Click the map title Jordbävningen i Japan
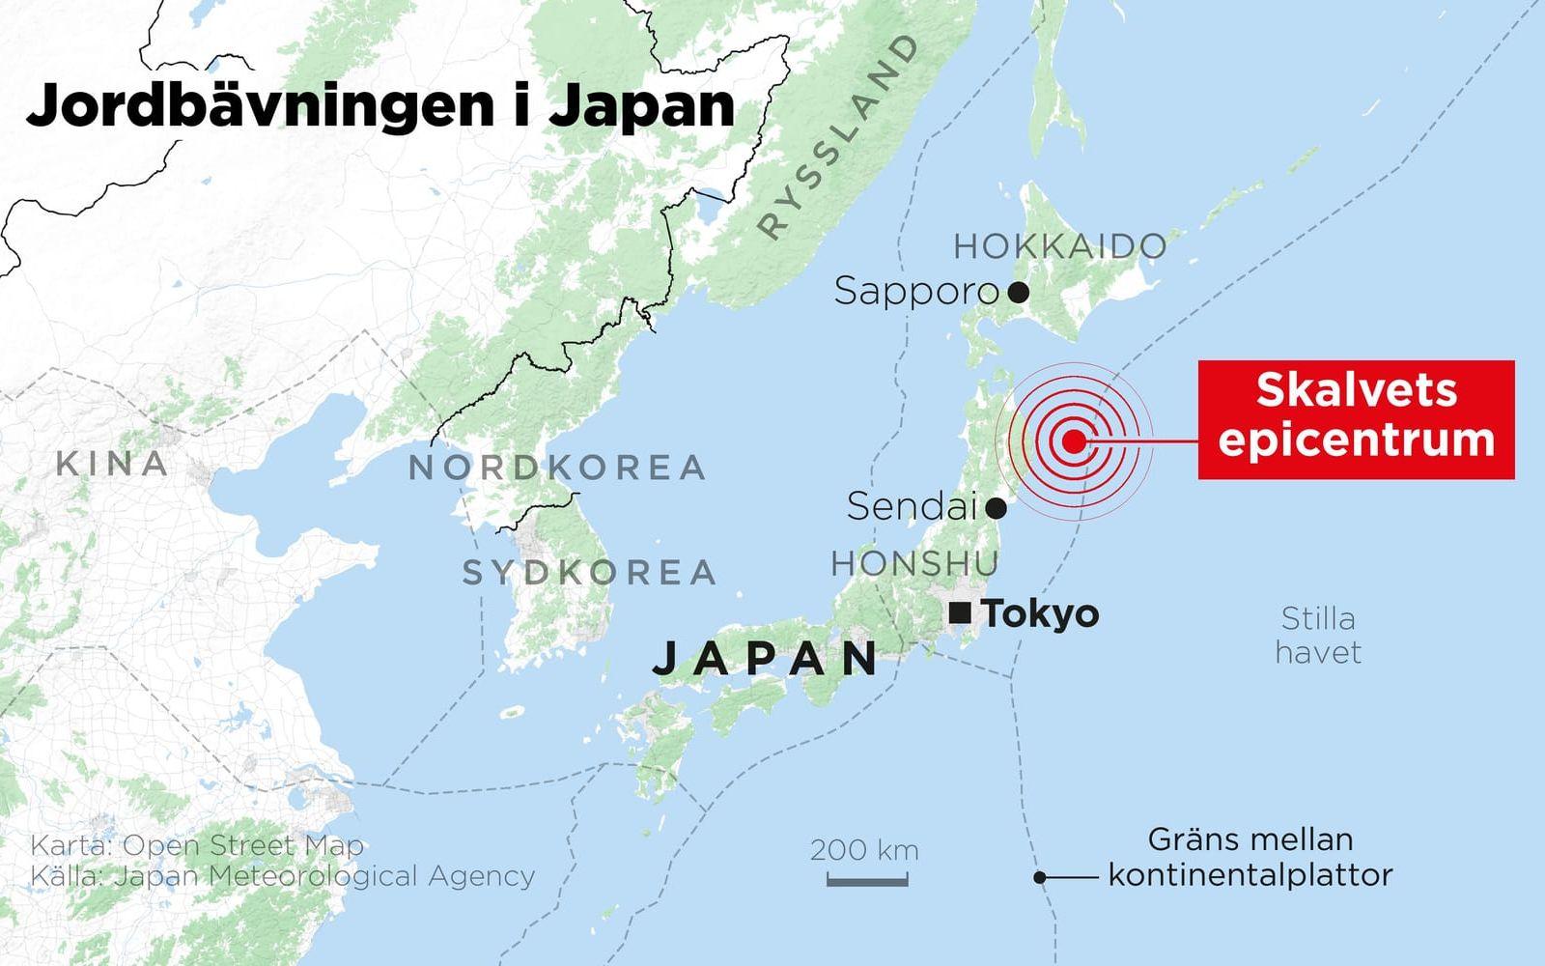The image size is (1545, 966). pos(379,106)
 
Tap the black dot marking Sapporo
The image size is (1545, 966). pos(1017,291)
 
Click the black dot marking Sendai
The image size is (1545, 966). pos(997,507)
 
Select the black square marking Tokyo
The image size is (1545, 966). pos(960,612)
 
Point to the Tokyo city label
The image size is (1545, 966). pos(1040,614)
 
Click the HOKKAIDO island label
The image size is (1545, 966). pos(1059,247)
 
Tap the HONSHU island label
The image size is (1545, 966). pos(914,563)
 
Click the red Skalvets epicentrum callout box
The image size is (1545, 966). pos(1356,418)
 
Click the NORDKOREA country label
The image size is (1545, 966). pos(557,468)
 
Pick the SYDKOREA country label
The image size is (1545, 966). pos(589,573)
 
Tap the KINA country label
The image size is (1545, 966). pos(112,464)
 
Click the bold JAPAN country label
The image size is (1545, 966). pos(766,659)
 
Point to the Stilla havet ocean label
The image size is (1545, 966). pos(1318,635)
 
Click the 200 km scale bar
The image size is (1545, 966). pos(866,879)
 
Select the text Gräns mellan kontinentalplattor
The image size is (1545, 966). pos(1250,857)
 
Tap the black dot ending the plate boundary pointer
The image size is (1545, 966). pos(1040,878)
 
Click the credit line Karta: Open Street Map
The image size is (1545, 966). pos(197,845)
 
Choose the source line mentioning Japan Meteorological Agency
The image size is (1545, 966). pos(282,876)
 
